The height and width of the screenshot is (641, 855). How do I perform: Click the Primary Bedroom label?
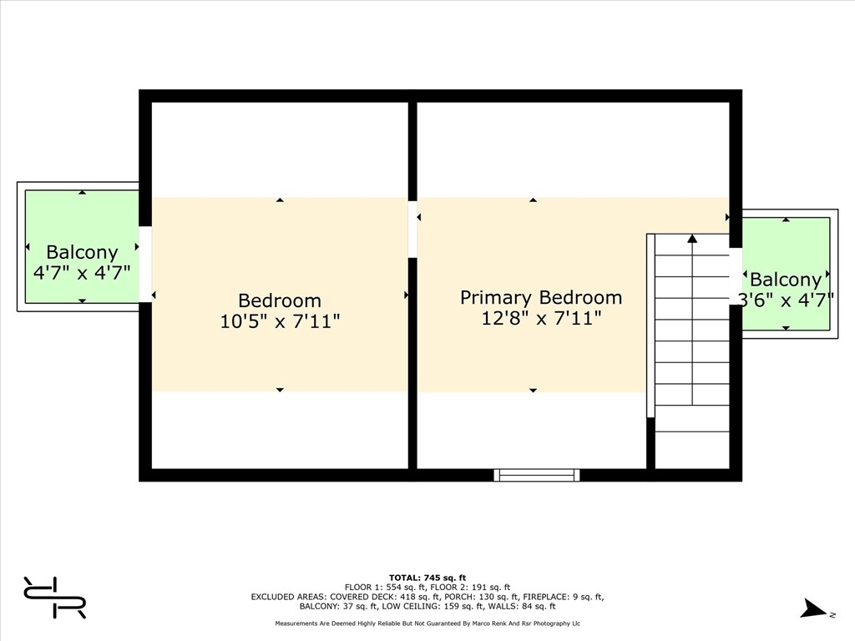pos(541,298)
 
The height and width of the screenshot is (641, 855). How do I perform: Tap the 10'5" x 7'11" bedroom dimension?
pos(280,321)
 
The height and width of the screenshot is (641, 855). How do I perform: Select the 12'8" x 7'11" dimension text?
pos(541,318)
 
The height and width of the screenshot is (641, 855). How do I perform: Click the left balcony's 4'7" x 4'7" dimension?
pos(82,272)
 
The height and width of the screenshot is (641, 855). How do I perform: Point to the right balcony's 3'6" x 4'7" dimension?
pos(786,300)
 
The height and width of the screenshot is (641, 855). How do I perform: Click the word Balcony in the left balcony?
pos(82,252)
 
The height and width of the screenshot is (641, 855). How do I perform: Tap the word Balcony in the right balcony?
pos(786,280)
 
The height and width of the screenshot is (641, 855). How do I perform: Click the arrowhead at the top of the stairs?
pos(692,238)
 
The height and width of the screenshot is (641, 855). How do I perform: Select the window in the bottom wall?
pos(537,475)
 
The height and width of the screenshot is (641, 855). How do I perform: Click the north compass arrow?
pos(813,608)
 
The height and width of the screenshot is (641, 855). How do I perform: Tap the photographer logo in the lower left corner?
pos(54,597)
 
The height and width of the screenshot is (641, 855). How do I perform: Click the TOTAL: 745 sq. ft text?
pos(427,578)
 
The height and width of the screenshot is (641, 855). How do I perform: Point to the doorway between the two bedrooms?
pos(412,229)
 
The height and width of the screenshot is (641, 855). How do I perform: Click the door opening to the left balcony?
pos(145,264)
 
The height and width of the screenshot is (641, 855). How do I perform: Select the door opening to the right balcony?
pos(736,276)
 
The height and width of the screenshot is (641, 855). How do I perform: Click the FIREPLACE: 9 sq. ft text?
pos(564,597)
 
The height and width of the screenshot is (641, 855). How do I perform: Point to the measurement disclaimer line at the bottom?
pos(427,623)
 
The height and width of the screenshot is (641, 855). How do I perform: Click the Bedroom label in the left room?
pos(280,300)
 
